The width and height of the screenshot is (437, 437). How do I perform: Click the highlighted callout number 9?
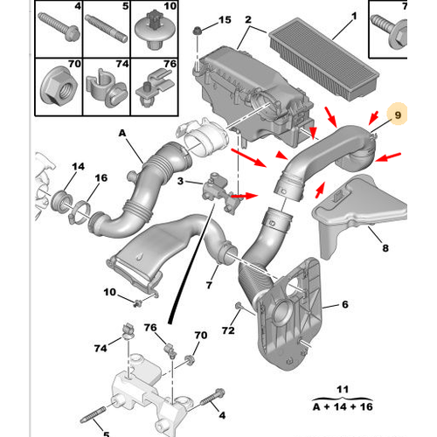[398, 115]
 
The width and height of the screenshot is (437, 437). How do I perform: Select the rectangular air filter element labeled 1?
[324, 59]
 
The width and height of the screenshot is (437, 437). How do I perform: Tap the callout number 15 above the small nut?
[225, 20]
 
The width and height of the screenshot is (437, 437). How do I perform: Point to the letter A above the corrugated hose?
[122, 133]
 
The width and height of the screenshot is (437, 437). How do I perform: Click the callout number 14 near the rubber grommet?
[78, 166]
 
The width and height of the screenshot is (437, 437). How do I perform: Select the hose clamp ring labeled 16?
[80, 214]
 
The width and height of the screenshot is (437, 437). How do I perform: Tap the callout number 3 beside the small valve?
[180, 181]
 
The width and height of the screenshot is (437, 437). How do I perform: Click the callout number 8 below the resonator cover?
[385, 248]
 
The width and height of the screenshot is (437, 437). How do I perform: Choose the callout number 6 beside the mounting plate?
[345, 304]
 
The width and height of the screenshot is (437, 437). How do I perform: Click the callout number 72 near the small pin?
[228, 330]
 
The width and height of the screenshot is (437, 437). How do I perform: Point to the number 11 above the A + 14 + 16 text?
[343, 389]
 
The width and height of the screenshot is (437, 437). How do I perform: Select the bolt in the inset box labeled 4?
[59, 27]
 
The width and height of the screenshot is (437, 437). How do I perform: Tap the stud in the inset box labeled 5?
[106, 29]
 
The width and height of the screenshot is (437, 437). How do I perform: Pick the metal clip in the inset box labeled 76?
[155, 87]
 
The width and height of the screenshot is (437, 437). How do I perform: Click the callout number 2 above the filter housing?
[248, 19]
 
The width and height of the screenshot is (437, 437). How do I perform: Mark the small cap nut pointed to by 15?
[198, 31]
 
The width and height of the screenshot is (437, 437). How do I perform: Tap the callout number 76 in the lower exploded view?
[150, 328]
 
